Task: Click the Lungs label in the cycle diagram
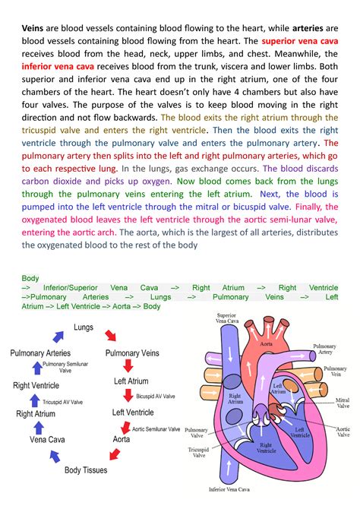click(x=84, y=327)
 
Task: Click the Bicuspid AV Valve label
click(x=156, y=397)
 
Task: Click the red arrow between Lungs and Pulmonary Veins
click(x=111, y=336)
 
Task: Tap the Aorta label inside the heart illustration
click(x=267, y=344)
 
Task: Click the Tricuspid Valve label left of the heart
click(x=199, y=453)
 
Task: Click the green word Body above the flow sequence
click(x=30, y=279)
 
